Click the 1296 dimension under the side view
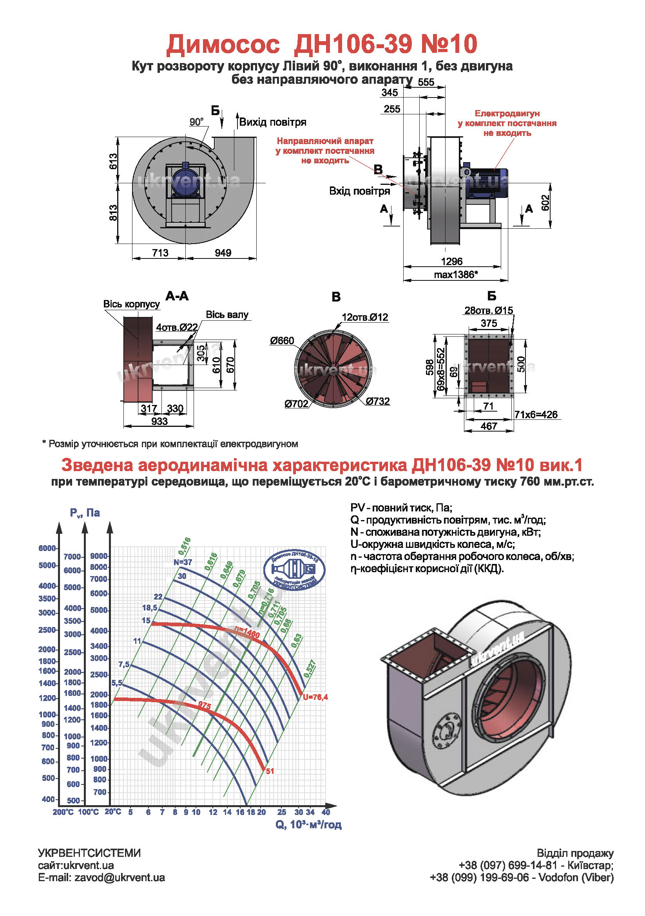(x=451, y=261)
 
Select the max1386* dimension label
(x=456, y=275)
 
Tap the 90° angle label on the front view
(x=196, y=122)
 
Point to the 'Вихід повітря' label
(x=273, y=122)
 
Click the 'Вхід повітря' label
(x=359, y=191)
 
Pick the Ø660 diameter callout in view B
(x=282, y=341)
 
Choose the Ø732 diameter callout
(x=378, y=401)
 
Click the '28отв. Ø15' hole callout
(x=489, y=311)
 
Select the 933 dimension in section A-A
(x=159, y=421)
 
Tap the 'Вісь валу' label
(x=227, y=315)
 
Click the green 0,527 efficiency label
(x=310, y=668)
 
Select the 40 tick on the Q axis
(x=326, y=812)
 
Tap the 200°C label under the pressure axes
(x=63, y=812)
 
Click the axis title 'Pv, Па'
(x=85, y=513)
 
